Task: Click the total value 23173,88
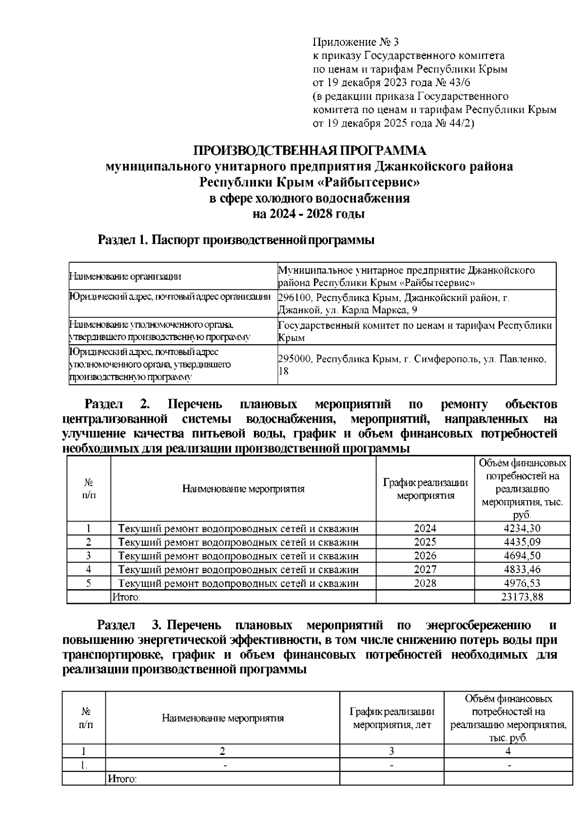pyautogui.click(x=522, y=597)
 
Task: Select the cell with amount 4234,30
pyautogui.click(x=522, y=528)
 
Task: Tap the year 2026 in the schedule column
pyautogui.click(x=425, y=556)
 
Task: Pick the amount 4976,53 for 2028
pyautogui.click(x=522, y=583)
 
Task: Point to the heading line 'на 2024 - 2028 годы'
pyautogui.click(x=309, y=214)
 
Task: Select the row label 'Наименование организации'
pyautogui.click(x=125, y=277)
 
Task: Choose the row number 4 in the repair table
pyautogui.click(x=89, y=569)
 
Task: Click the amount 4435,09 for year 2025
pyautogui.click(x=522, y=542)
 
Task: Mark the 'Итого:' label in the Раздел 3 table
pyautogui.click(x=122, y=779)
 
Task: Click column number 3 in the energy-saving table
pyautogui.click(x=391, y=751)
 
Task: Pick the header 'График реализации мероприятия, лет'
pyautogui.click(x=391, y=718)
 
